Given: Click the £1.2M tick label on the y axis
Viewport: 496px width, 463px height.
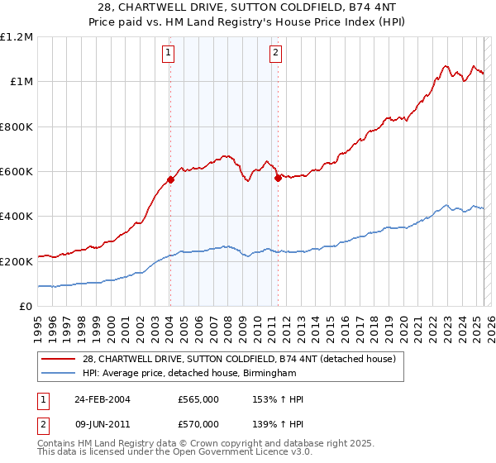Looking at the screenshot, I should tap(17, 36).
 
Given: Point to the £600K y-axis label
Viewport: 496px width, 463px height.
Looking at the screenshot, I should tap(17, 172).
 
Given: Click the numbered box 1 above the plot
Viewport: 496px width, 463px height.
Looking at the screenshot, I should tap(169, 54).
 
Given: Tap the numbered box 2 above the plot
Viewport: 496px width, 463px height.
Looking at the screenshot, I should tap(275, 54).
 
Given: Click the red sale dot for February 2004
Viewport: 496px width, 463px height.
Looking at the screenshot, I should tap(170, 179).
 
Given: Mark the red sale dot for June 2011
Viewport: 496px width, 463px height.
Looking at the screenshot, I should tap(278, 178).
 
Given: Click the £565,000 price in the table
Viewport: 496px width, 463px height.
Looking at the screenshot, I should tap(198, 399).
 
